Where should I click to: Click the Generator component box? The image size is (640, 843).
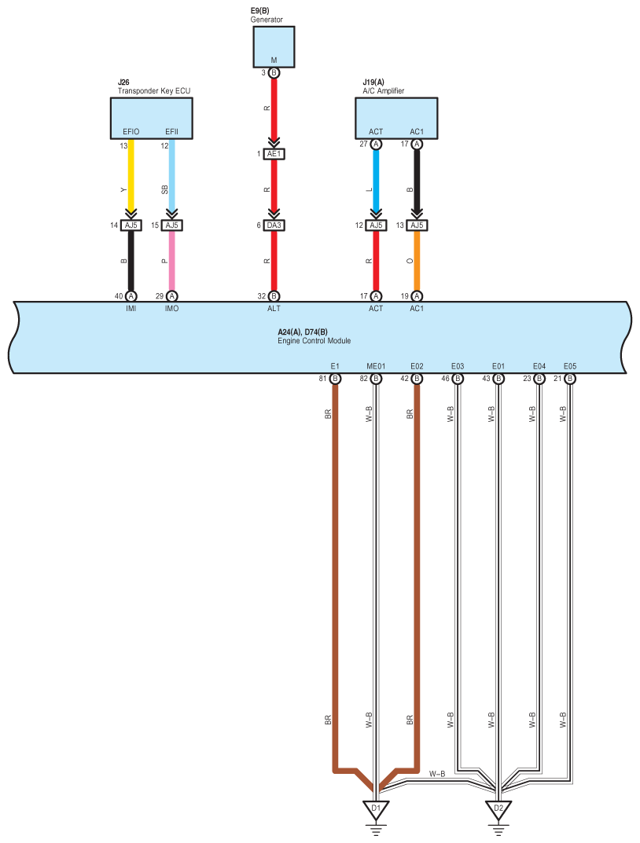(x=274, y=47)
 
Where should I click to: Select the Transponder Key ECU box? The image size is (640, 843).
(x=151, y=119)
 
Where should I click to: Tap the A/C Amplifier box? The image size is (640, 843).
(x=396, y=119)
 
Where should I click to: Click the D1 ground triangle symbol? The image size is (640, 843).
(x=376, y=809)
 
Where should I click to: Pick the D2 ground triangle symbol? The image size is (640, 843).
(x=498, y=809)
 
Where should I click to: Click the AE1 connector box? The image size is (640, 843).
(x=274, y=154)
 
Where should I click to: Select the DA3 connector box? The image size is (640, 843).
(x=274, y=225)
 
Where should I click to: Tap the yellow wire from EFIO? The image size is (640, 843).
(x=131, y=176)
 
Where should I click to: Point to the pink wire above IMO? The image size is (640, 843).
(x=171, y=261)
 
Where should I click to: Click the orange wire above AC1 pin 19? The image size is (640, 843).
(x=417, y=261)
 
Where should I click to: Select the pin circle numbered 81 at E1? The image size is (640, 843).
(x=335, y=379)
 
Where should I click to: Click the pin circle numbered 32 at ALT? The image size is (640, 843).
(x=274, y=296)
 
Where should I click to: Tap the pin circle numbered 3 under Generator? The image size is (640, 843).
(x=274, y=72)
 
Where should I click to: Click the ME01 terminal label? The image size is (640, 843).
(x=376, y=366)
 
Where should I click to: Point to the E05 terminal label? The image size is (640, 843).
(x=570, y=366)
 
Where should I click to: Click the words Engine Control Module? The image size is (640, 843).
(x=314, y=341)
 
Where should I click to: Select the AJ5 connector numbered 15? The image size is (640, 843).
(x=171, y=225)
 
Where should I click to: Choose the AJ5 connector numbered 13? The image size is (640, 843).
(x=417, y=225)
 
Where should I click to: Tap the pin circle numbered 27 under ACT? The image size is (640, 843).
(x=376, y=144)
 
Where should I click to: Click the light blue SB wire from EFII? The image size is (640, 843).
(x=171, y=176)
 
